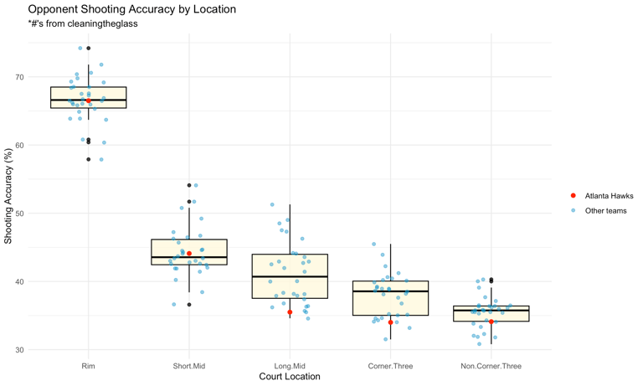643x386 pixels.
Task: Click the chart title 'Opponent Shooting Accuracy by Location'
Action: tap(131, 9)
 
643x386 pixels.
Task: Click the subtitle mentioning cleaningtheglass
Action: tap(83, 24)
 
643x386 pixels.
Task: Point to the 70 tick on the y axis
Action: tap(43, 77)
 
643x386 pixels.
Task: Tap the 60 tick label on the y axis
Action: tap(43, 146)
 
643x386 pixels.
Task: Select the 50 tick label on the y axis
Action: tap(43, 214)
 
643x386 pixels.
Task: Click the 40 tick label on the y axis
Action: tap(43, 281)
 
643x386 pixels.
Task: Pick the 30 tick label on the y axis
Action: tap(43, 350)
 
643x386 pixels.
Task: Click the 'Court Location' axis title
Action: tap(290, 377)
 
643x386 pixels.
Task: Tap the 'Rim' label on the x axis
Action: tap(89, 365)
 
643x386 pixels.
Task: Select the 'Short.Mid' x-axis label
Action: tap(189, 365)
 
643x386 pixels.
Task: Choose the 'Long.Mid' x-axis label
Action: tap(290, 365)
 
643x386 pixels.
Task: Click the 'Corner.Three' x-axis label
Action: tap(390, 365)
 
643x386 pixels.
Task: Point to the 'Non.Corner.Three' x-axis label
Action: tap(491, 365)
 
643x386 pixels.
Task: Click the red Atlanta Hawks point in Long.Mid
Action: tap(290, 312)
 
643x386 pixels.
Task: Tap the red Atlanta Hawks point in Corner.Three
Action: tap(391, 322)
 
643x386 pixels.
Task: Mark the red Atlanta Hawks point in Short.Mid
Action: tap(189, 254)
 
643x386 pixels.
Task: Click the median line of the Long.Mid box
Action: tap(290, 276)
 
